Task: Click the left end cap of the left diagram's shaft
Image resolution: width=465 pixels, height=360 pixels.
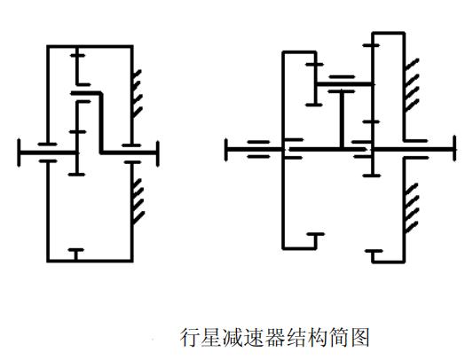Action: (x=19, y=152)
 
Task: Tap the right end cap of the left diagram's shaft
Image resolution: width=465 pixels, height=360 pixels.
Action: (x=158, y=152)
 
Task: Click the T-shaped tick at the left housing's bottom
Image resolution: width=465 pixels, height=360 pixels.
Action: (x=76, y=254)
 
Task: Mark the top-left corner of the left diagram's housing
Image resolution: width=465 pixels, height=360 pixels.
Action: (x=49, y=46)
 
